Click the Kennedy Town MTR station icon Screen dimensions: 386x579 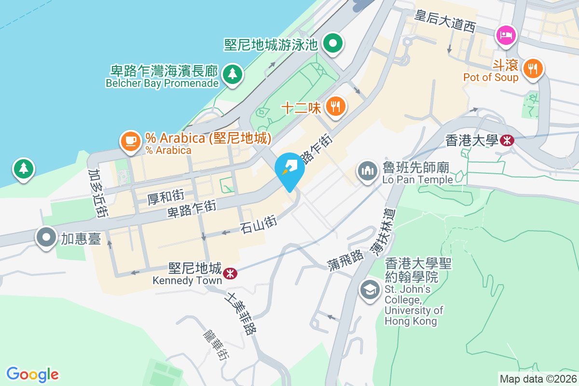coord(230,274)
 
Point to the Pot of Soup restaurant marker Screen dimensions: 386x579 coord(533,68)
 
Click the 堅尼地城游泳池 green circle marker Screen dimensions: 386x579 coord(333,44)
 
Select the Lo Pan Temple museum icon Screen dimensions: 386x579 coord(368,171)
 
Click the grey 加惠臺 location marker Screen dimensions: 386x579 coord(46,237)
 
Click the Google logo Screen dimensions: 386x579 coord(32,374)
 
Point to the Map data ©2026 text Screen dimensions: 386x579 coord(538,379)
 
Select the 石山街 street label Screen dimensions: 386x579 coord(258,224)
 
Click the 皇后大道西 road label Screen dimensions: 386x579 coord(445,21)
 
